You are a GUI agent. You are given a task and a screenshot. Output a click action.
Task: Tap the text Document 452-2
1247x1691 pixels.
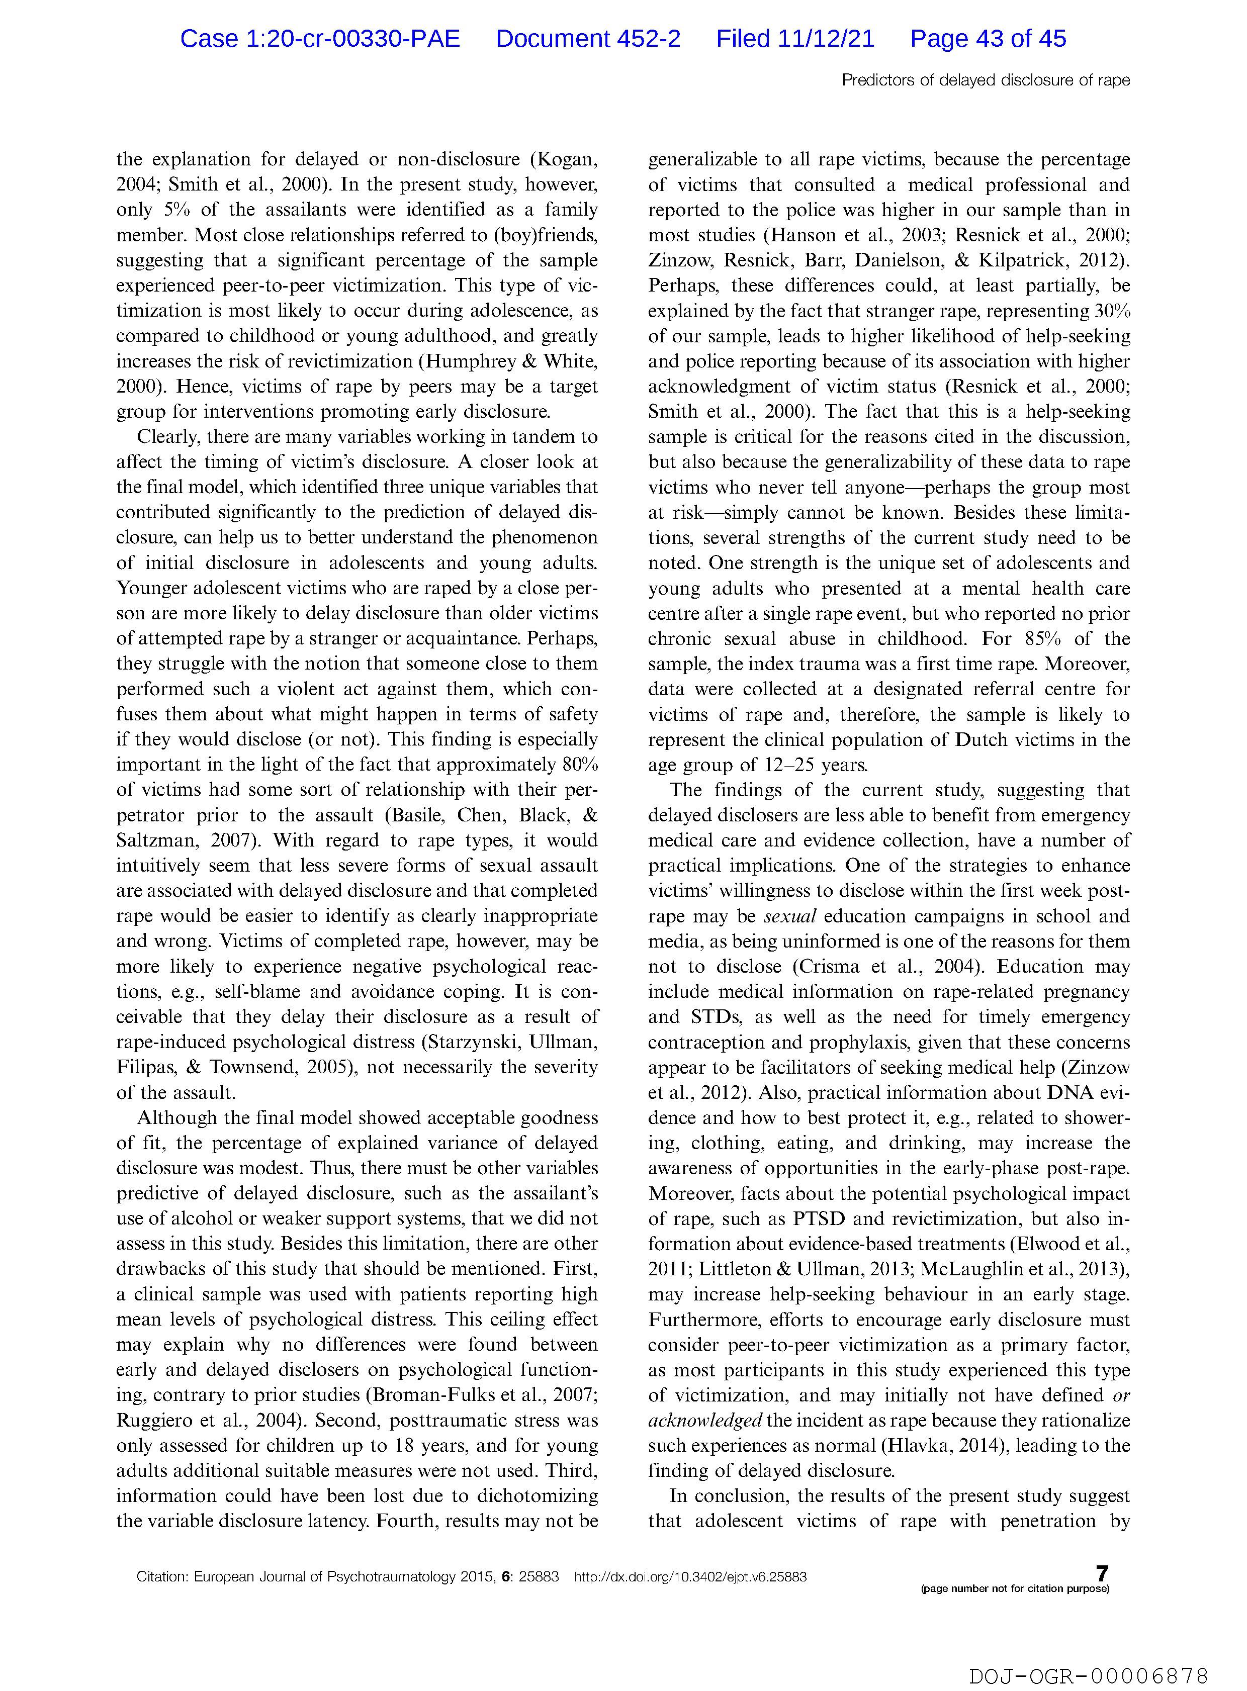[x=588, y=39]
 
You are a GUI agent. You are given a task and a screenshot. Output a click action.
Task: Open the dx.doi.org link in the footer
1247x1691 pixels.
[x=691, y=1577]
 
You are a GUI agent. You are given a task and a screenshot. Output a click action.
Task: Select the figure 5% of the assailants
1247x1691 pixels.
[x=175, y=210]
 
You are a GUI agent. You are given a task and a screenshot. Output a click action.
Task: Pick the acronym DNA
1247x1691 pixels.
[x=1067, y=1093]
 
